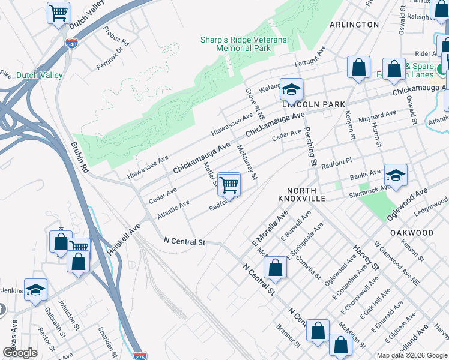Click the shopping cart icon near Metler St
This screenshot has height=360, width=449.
(229, 184)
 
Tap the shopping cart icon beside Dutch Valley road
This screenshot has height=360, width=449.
(58, 13)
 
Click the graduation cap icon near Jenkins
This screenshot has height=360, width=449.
(35, 290)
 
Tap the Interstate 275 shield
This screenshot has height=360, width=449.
(140, 355)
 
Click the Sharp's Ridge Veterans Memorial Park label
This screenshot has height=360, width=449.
(243, 44)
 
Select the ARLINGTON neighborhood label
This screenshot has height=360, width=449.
(354, 25)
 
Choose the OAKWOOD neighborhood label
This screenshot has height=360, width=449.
(411, 232)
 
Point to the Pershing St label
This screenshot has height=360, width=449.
(310, 146)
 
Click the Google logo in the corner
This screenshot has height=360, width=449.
(20, 353)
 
